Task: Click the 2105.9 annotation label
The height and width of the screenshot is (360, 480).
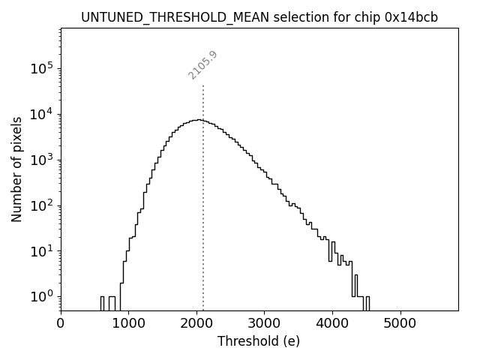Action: click(x=202, y=65)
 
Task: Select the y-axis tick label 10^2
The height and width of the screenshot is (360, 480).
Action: click(x=42, y=205)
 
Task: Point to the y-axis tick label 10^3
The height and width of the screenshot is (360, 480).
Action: click(x=42, y=160)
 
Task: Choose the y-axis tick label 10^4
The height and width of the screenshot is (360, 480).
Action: click(x=42, y=114)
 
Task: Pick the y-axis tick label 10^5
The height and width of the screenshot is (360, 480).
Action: click(x=42, y=69)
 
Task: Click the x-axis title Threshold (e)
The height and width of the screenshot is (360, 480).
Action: click(x=259, y=341)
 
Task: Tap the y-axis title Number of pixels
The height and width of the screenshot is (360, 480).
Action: click(x=16, y=169)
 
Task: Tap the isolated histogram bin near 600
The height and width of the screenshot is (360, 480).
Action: click(x=102, y=302)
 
